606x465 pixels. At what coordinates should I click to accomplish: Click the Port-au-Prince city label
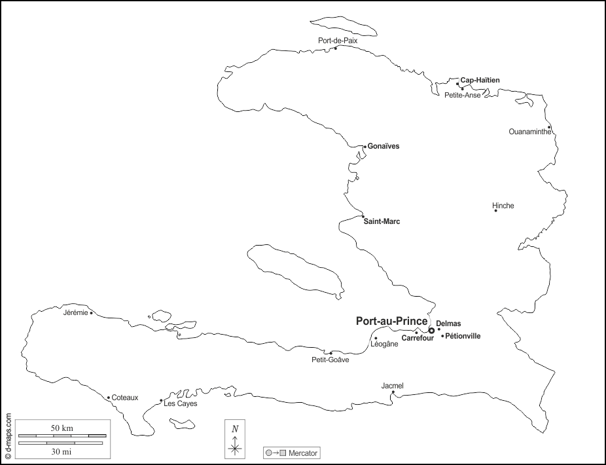[391, 322]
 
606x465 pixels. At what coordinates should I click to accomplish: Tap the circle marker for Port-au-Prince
[431, 331]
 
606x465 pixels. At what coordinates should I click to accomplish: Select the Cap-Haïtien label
[480, 81]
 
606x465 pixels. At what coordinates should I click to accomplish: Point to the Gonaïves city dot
[365, 146]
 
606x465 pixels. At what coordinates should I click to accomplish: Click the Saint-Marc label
[382, 222]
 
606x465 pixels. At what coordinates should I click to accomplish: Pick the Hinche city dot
[495, 210]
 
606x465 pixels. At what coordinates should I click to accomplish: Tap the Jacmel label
[393, 386]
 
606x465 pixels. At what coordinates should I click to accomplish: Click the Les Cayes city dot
[161, 401]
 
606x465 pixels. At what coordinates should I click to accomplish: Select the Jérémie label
[75, 312]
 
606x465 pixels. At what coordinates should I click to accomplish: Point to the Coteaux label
[125, 398]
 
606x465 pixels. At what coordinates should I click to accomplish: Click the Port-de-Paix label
[338, 41]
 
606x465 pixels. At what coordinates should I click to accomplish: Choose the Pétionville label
[463, 337]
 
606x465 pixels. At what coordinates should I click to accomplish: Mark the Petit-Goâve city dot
[331, 353]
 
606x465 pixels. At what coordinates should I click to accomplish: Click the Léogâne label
[384, 344]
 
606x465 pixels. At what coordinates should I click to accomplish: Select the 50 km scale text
[62, 428]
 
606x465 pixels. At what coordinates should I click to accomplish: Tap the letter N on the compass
[235, 428]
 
